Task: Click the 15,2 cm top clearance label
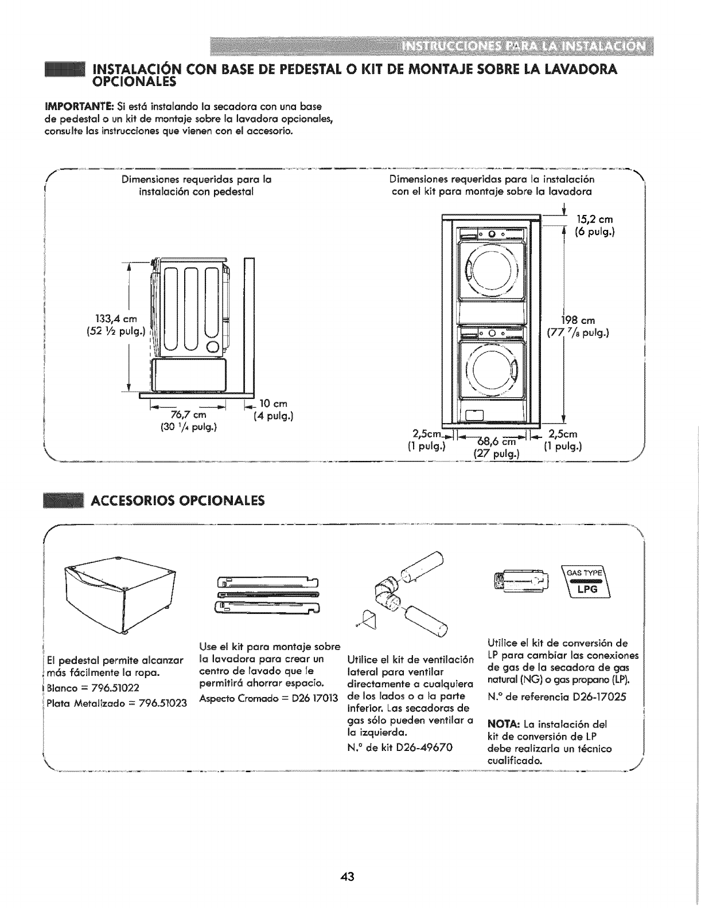(597, 220)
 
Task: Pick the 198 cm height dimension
(581, 320)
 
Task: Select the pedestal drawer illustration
(119, 598)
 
